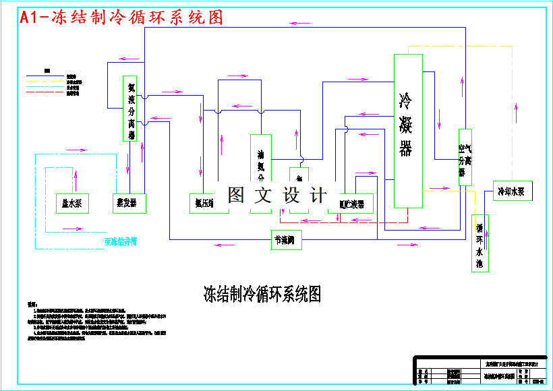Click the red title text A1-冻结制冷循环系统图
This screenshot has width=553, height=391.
121,18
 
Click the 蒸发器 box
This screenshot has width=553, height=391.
128,203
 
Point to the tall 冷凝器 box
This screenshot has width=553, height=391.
408,131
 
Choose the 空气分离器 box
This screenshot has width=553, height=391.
464,157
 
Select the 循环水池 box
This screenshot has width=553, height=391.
479,243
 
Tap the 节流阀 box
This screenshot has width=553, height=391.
286,240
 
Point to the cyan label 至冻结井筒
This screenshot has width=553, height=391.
121,241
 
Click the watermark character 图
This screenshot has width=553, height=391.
235,195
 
